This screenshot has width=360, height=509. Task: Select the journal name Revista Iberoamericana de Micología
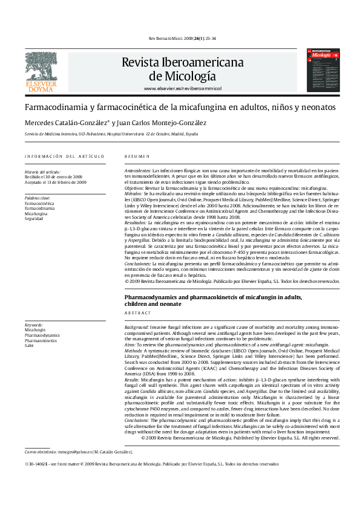[x=182, y=69]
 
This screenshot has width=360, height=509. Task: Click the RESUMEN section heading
[x=136, y=157]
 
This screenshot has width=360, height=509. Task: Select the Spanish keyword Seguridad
[x=34, y=219]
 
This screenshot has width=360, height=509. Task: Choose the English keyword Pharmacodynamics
[x=42, y=335]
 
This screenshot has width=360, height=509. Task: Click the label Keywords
[x=34, y=325]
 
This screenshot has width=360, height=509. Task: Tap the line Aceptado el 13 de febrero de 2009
[x=56, y=182]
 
